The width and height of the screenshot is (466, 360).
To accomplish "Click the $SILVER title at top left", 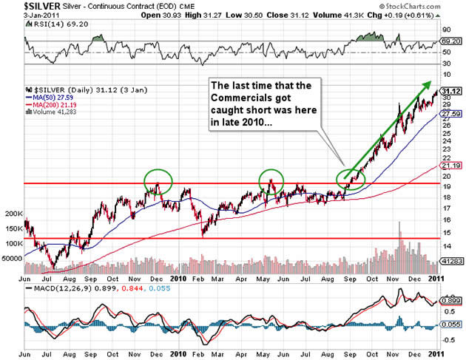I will pyautogui.click(x=27, y=6).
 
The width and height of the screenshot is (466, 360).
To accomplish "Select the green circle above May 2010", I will pyautogui.click(x=273, y=180).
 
